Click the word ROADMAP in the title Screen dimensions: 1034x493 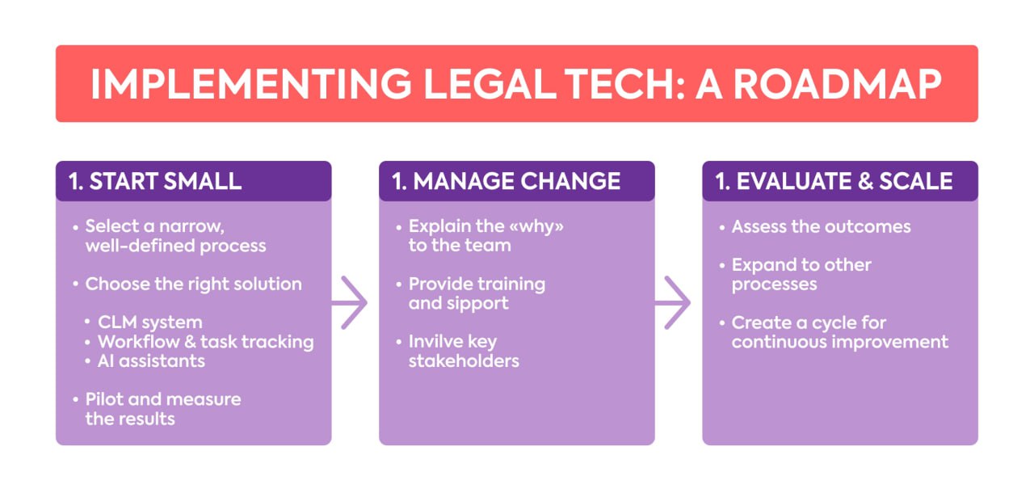837,84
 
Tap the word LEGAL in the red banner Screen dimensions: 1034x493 490,84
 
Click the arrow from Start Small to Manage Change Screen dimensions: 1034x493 350,303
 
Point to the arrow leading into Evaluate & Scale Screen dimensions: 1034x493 673,303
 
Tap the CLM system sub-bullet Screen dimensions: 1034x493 150,322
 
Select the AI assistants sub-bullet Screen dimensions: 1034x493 151,361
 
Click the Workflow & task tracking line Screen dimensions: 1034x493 206,342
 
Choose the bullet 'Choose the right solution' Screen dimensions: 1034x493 193,284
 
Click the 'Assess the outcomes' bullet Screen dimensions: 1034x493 822,226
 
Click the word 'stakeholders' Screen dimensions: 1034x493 464,361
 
